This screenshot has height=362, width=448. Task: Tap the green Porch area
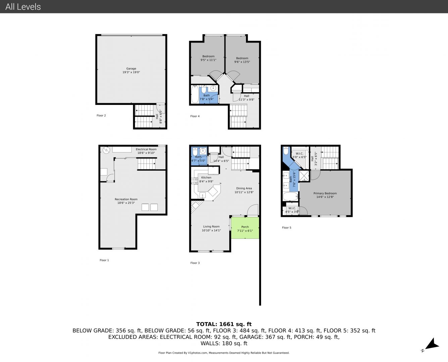(245, 228)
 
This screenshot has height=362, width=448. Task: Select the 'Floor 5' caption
(287, 228)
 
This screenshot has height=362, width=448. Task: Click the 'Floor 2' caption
(101, 115)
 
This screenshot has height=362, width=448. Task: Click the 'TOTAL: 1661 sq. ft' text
(224, 324)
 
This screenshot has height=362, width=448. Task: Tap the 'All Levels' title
(23, 7)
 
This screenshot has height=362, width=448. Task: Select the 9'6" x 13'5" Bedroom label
(242, 60)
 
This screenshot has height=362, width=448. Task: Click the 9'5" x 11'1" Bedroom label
(208, 58)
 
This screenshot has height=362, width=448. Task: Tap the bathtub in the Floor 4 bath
(195, 94)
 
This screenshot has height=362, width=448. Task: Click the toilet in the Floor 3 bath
(195, 151)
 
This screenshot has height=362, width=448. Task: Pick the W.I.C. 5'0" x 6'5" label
(299, 155)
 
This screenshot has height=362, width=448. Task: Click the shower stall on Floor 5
(304, 176)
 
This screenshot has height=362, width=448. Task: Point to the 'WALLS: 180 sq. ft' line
(224, 344)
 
